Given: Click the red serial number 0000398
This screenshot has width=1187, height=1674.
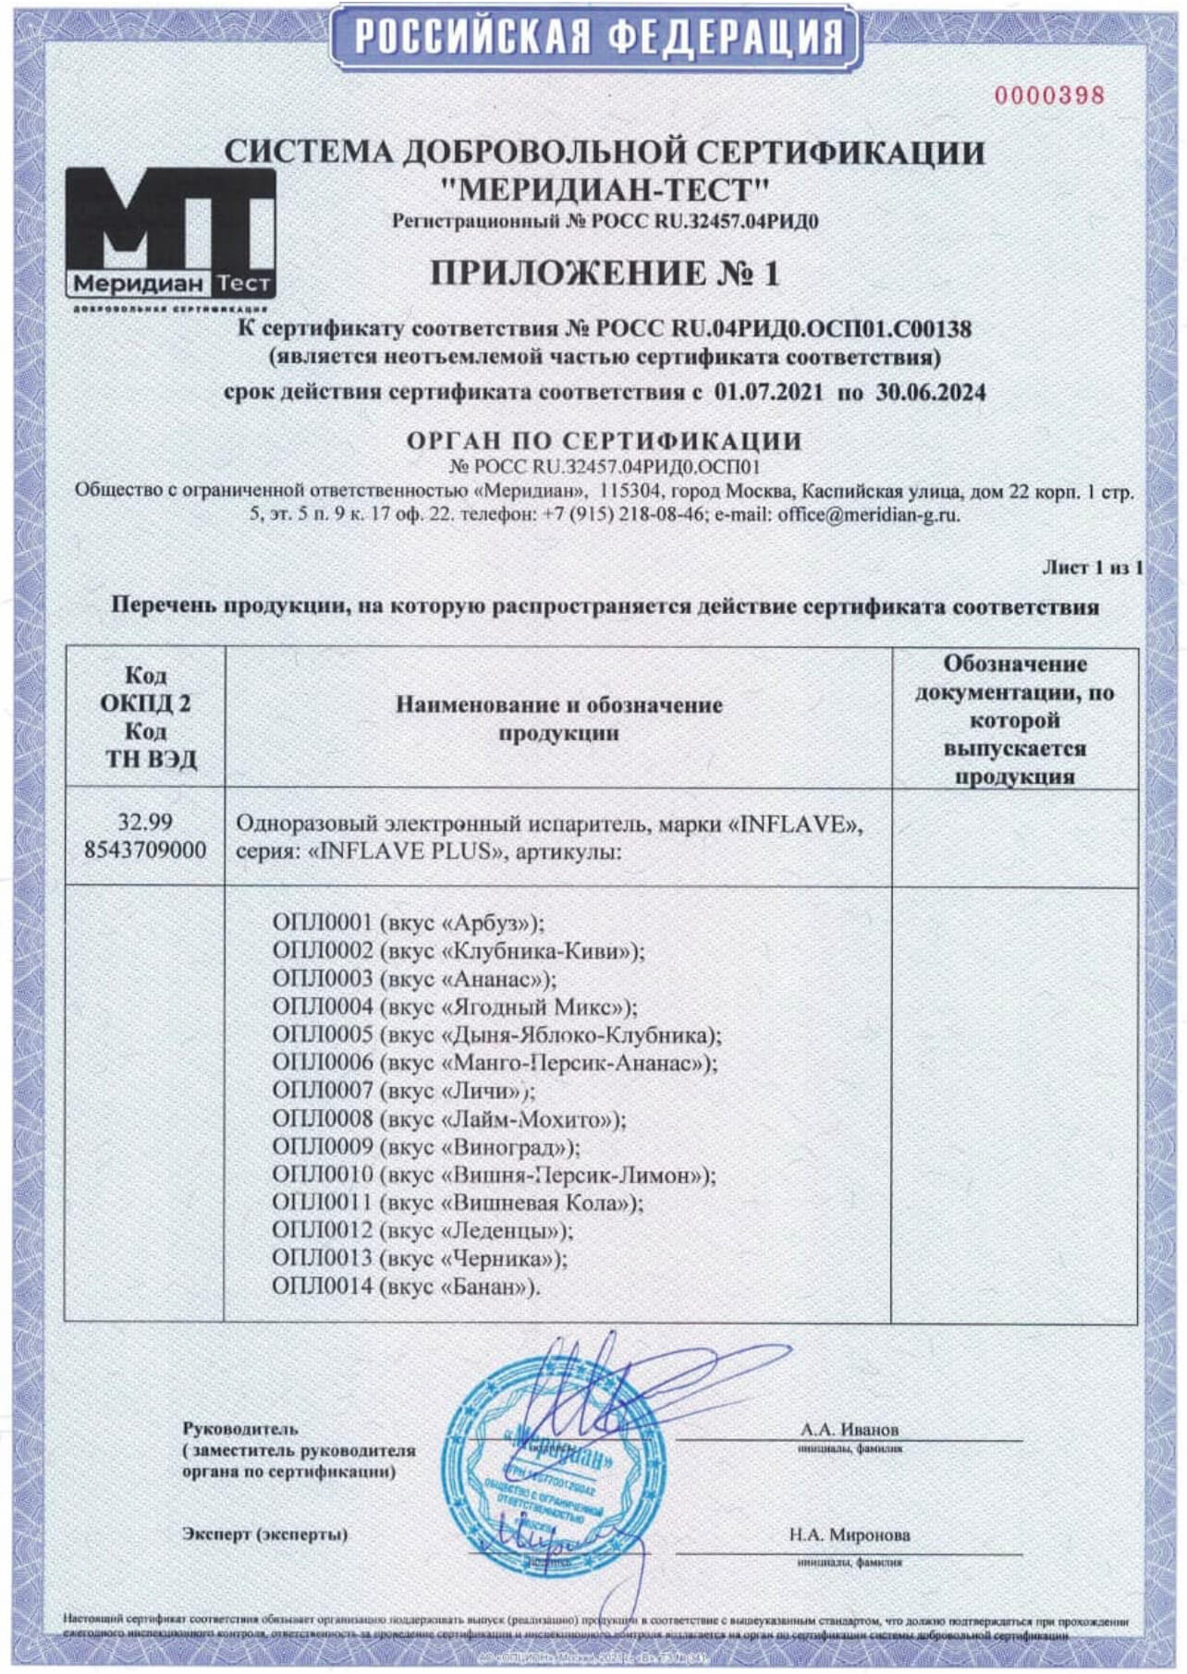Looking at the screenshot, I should (1048, 95).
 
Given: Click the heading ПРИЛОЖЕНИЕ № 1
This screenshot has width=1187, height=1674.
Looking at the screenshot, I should (605, 274).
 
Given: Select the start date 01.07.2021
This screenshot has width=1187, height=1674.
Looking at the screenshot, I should (768, 392).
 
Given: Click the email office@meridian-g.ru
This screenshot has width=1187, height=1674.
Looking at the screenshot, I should (868, 515).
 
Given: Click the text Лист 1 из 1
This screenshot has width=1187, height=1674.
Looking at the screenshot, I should (1092, 568).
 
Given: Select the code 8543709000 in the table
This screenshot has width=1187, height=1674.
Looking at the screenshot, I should (145, 850).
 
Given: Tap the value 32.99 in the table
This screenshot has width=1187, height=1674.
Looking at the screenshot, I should (145, 822).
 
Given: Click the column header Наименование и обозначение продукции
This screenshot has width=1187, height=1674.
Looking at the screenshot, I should (558, 718).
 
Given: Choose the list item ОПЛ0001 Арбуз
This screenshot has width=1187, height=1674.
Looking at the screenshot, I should (408, 923).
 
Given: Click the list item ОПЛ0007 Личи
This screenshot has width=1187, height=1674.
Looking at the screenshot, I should (403, 1091).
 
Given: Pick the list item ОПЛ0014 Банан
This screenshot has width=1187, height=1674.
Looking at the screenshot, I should (405, 1286).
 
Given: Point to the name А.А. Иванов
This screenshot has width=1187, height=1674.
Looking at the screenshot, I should (849, 1429).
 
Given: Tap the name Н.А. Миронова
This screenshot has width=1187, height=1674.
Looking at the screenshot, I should (849, 1534).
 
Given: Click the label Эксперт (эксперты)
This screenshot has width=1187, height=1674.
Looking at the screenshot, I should (264, 1533).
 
